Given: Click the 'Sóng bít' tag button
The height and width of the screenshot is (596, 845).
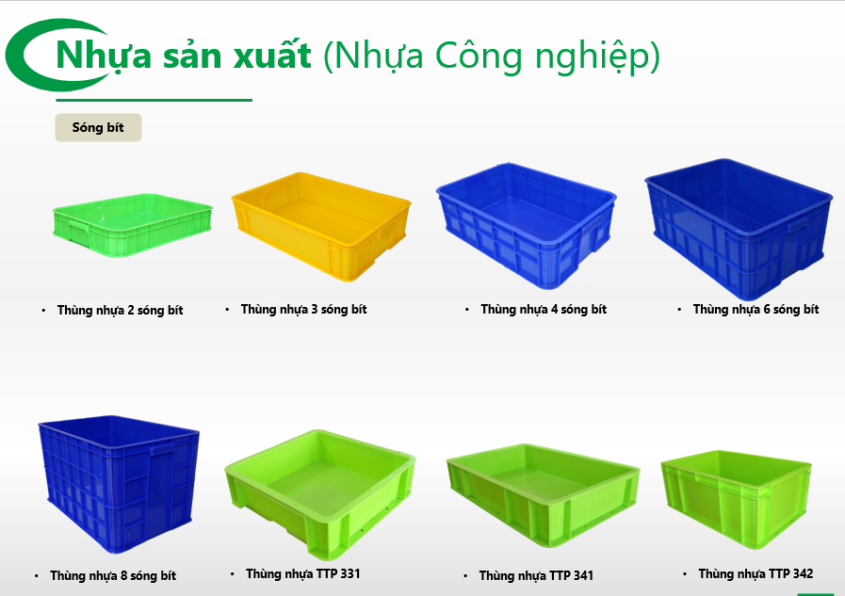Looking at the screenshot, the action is click(98, 128).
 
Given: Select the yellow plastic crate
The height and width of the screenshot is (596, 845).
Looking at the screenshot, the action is click(321, 226).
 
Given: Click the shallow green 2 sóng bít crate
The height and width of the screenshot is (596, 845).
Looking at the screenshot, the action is click(133, 225).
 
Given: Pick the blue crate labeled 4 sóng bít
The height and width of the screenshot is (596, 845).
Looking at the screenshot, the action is click(526, 225).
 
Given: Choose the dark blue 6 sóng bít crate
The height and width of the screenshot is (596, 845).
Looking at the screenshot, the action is click(739, 229).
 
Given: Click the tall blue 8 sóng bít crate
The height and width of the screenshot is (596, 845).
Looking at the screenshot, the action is click(119, 483).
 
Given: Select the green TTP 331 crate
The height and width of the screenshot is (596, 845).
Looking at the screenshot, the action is click(320, 494).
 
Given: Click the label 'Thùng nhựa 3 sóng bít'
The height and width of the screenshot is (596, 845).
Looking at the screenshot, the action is click(303, 310).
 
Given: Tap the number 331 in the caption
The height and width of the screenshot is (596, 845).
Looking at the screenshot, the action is click(349, 574).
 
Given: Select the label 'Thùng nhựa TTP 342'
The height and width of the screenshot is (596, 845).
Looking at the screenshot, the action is click(756, 574).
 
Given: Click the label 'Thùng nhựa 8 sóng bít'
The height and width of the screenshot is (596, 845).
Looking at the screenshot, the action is click(113, 576).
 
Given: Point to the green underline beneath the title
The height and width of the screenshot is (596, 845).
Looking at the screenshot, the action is click(154, 100).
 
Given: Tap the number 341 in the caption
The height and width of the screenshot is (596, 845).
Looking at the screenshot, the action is click(583, 575).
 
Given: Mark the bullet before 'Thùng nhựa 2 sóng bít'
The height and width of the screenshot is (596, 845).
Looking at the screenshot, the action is click(43, 310).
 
